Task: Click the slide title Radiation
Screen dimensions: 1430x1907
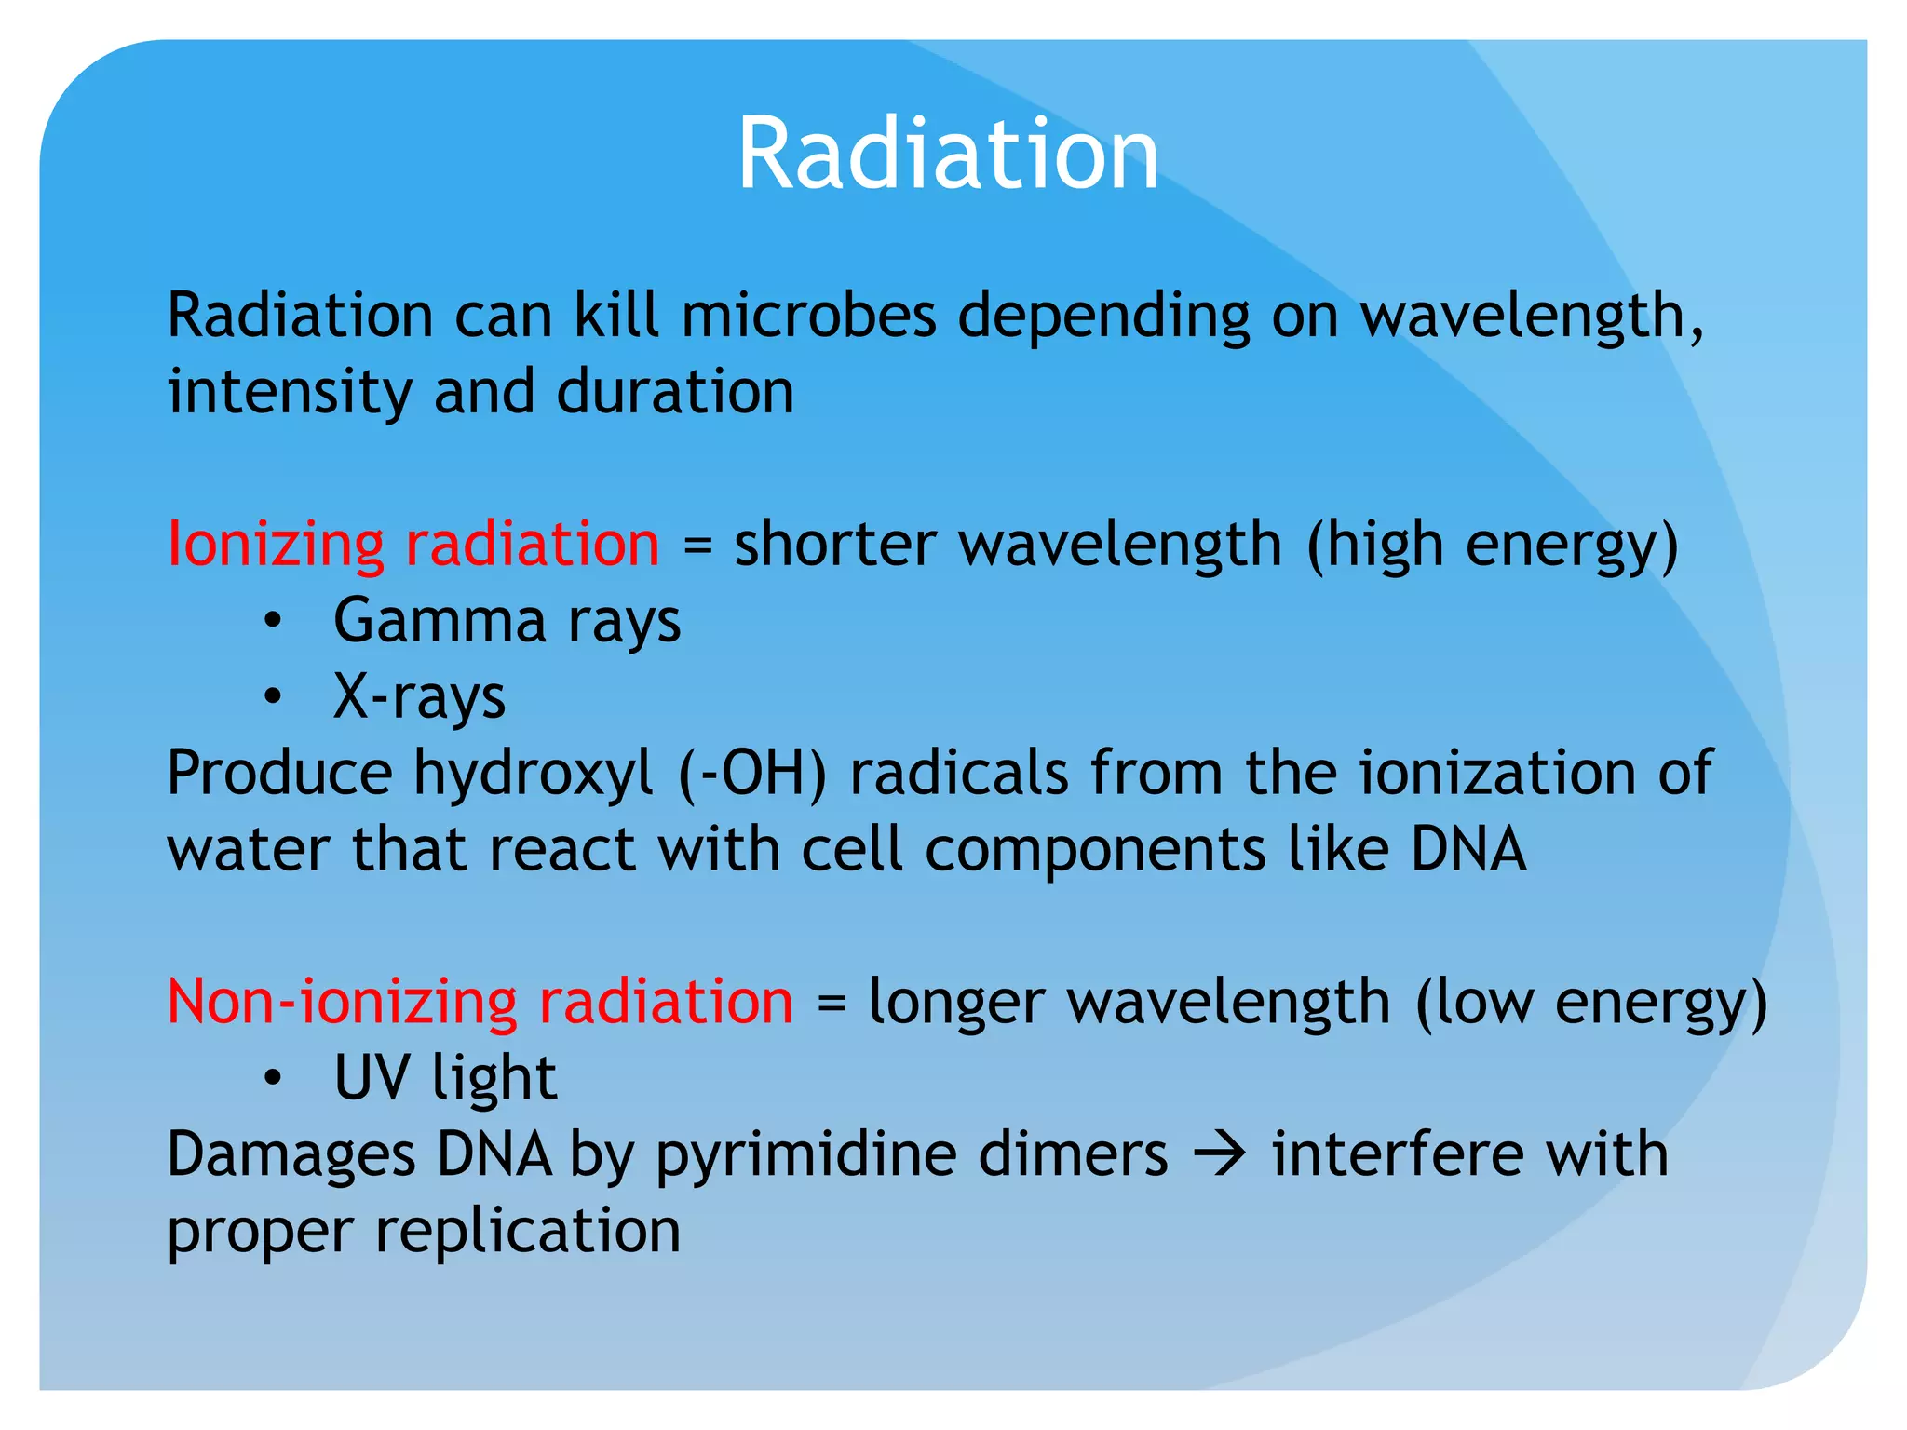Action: click(948, 154)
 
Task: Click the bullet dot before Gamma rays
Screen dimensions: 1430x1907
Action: click(272, 622)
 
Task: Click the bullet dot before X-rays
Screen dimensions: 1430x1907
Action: click(272, 697)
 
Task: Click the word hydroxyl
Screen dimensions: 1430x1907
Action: click(533, 774)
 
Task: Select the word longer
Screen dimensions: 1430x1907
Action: click(955, 1004)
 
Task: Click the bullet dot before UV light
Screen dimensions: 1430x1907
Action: click(272, 1079)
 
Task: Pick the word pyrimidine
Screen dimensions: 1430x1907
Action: click(805, 1155)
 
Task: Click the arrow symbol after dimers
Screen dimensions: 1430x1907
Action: click(1220, 1155)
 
